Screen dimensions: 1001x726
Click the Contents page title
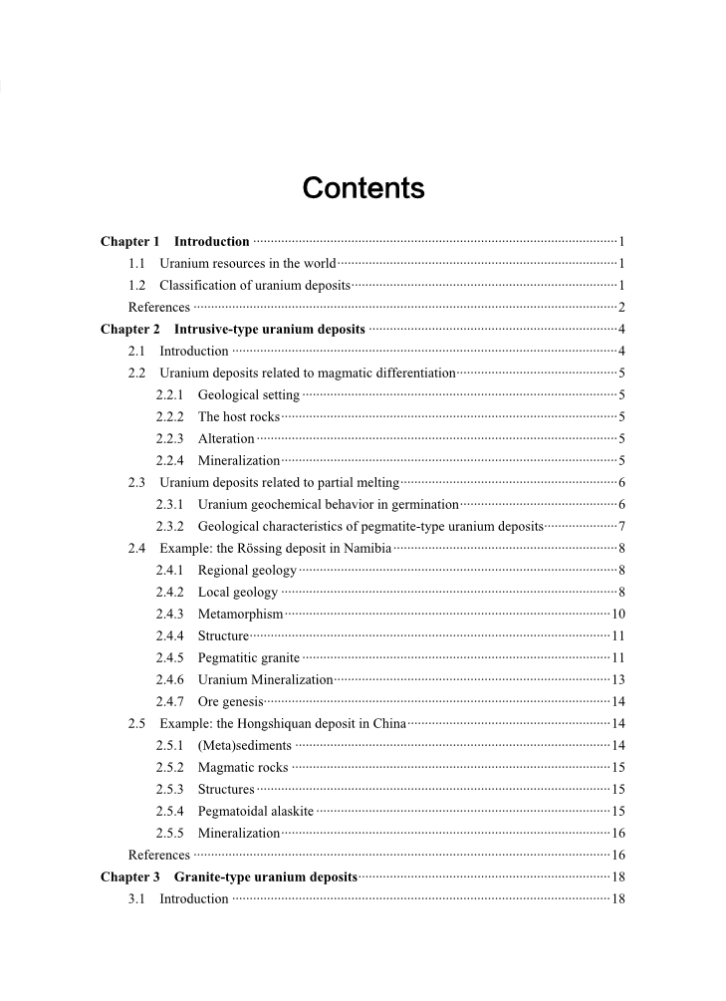point(363,188)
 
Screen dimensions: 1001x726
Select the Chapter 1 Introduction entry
point(174,241)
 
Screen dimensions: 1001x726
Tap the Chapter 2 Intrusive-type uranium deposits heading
point(233,329)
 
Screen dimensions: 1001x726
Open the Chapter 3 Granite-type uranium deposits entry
point(229,876)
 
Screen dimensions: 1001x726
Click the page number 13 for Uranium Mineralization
point(617,679)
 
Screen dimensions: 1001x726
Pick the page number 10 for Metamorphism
point(617,614)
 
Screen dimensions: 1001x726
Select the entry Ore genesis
point(230,701)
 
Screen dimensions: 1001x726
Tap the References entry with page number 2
point(159,307)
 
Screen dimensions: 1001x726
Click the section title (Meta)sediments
point(245,745)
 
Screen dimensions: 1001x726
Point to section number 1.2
point(137,285)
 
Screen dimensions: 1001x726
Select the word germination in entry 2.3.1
point(423,504)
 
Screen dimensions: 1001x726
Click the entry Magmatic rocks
point(243,767)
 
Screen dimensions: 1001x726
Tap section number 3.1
point(137,898)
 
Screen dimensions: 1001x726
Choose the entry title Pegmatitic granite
point(249,657)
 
